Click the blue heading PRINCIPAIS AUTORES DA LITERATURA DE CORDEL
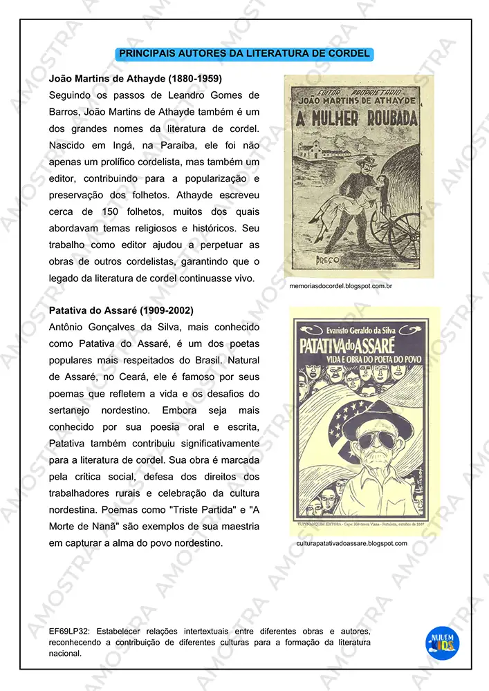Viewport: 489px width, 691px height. click(244, 53)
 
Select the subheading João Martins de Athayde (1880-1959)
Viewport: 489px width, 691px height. click(136, 78)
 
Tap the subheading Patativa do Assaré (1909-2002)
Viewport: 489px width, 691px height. click(121, 310)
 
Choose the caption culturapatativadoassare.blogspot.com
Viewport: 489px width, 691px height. click(351, 543)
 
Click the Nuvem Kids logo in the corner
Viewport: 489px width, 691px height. click(441, 640)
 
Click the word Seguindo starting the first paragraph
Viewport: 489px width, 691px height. click(74, 95)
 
